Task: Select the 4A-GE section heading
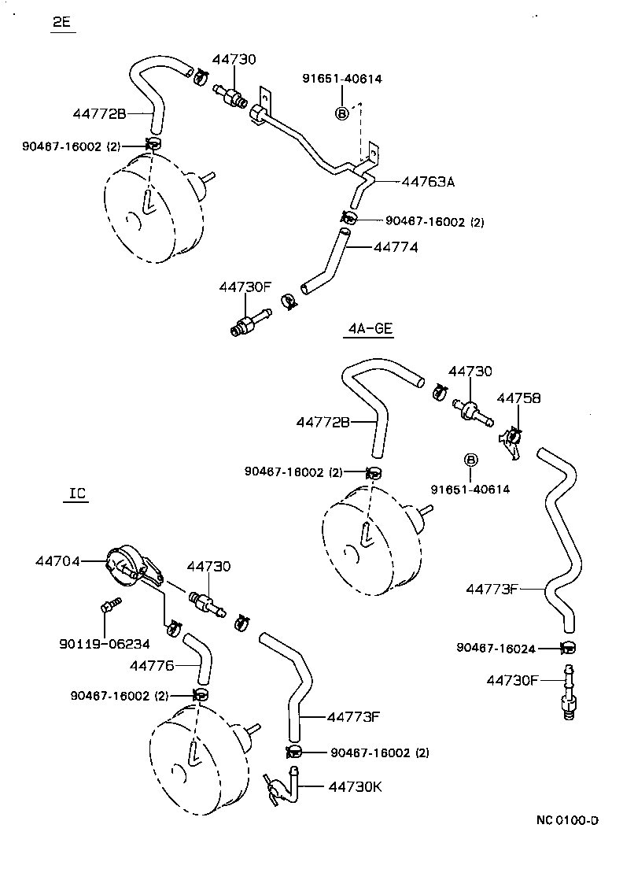click(367, 329)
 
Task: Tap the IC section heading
click(77, 494)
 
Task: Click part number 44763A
click(428, 182)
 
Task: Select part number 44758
click(518, 398)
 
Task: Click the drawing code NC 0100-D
click(568, 819)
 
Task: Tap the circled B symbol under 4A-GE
click(470, 460)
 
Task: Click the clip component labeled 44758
click(511, 441)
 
